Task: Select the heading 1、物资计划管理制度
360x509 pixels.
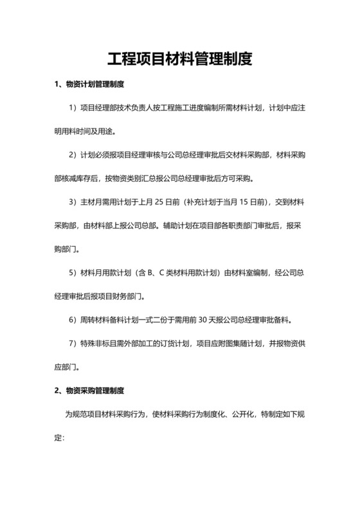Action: pos(89,85)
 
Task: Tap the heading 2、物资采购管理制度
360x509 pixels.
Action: pos(89,390)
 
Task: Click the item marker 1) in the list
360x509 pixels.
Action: pos(72,108)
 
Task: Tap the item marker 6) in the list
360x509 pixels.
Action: pos(72,319)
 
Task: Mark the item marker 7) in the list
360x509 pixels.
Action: pos(72,343)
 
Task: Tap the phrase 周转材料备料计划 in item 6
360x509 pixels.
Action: pos(112,319)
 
